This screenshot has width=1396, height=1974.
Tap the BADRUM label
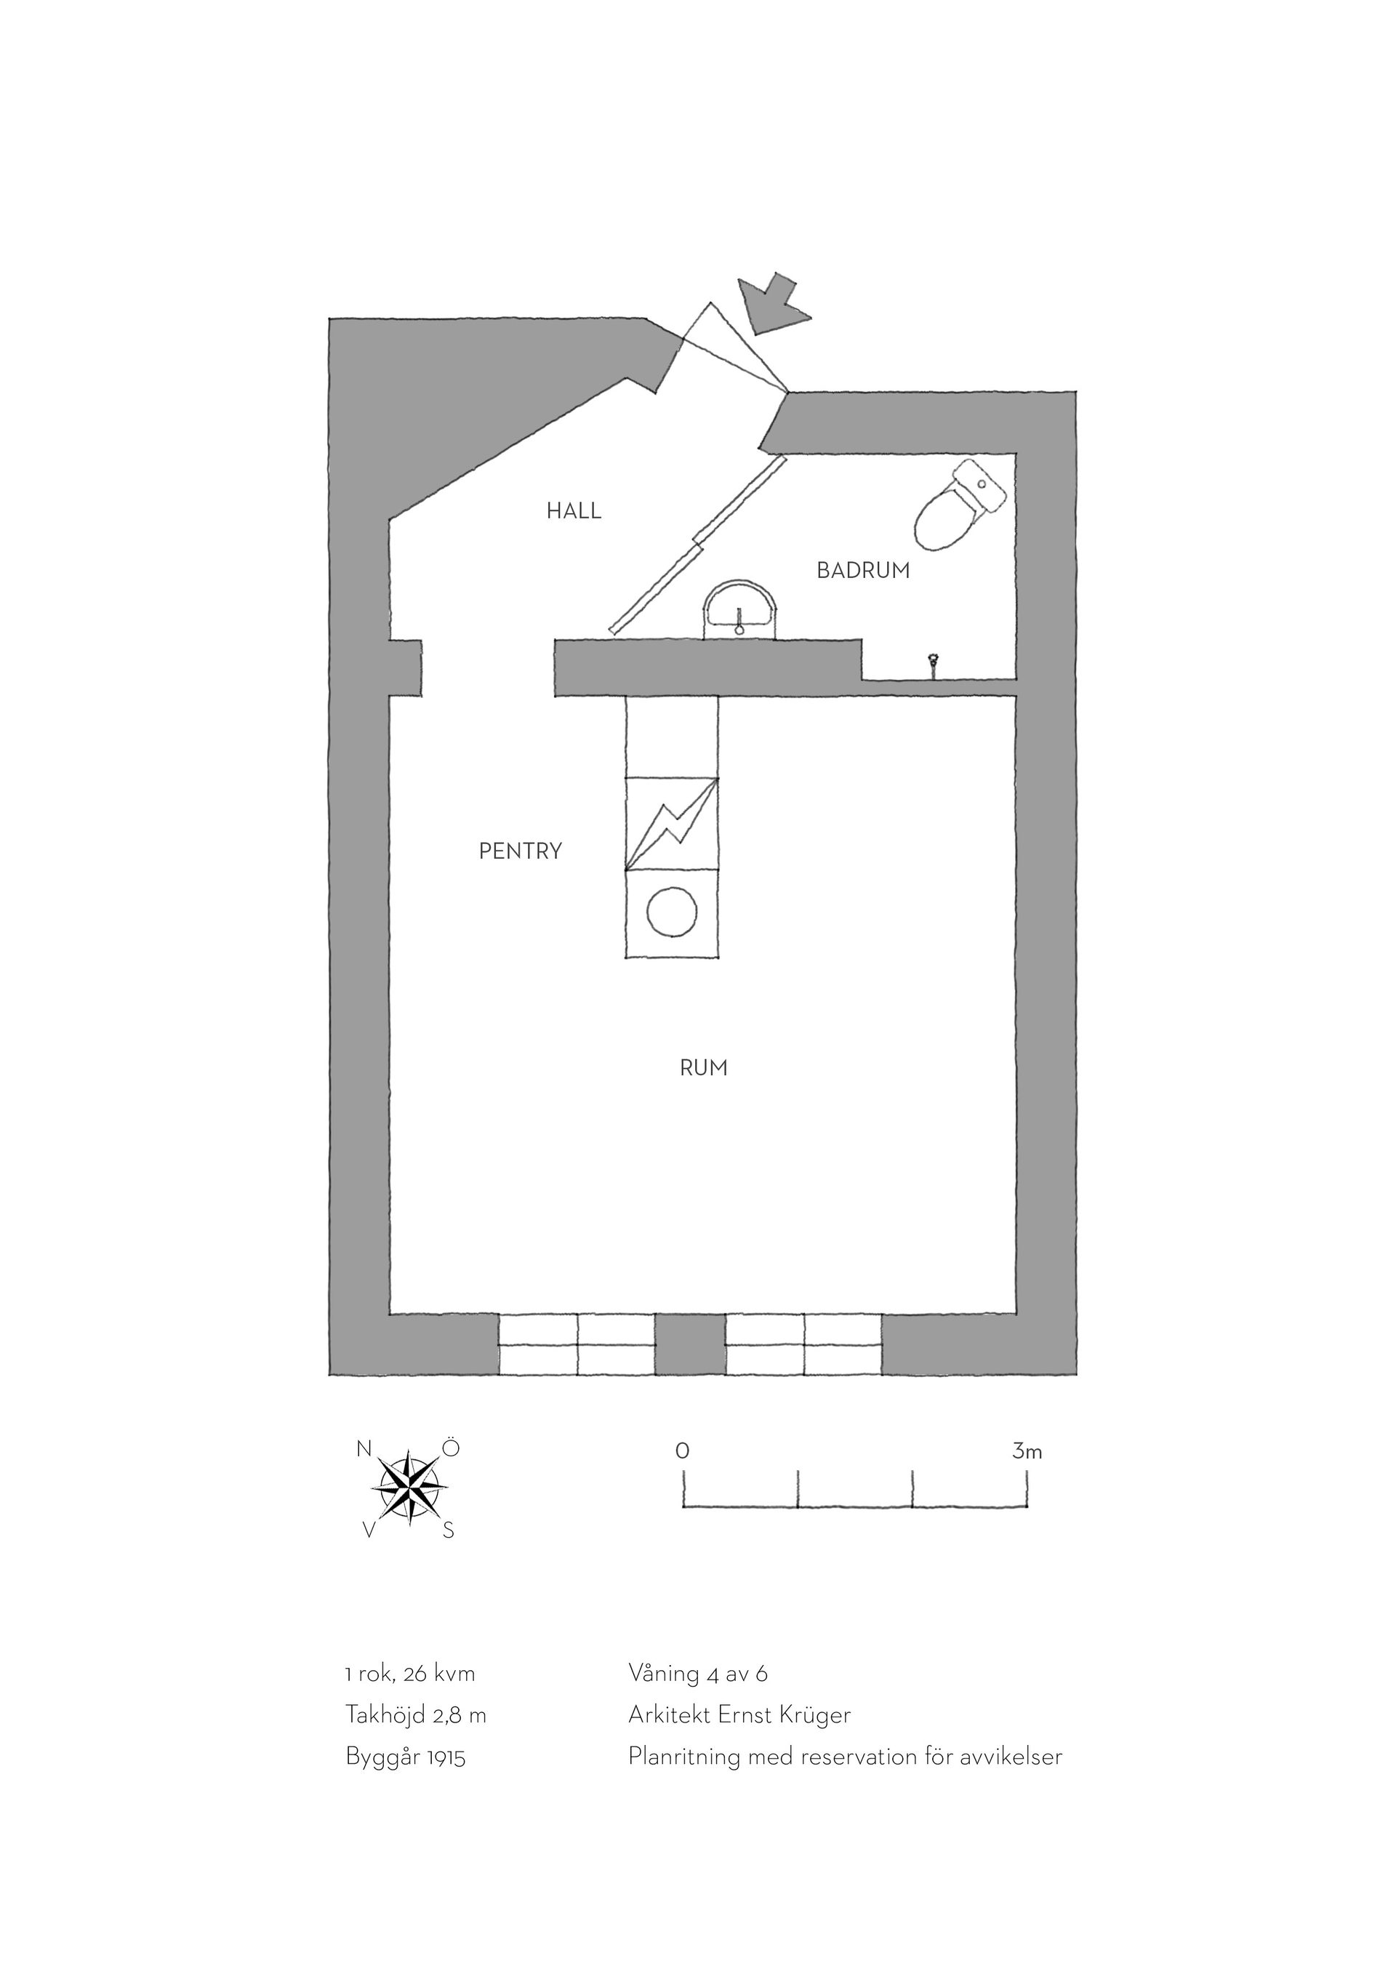tap(863, 570)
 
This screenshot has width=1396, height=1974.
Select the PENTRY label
tap(520, 851)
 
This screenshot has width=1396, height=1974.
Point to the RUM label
tap(703, 1068)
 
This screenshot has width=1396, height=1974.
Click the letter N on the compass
tap(364, 1448)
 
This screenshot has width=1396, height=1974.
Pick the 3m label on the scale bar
tap(1027, 1452)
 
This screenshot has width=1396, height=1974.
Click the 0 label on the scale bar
tap(682, 1451)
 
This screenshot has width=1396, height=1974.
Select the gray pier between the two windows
tap(690, 1344)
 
